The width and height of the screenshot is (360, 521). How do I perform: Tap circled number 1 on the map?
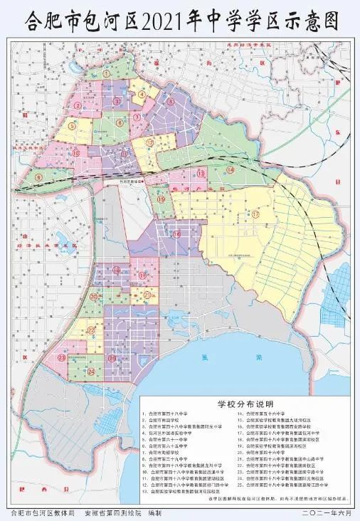pyautogui.click(x=107, y=73)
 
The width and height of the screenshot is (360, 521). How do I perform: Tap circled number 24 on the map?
pyautogui.click(x=91, y=372)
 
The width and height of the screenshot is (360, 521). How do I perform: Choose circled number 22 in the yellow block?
pyautogui.click(x=90, y=331)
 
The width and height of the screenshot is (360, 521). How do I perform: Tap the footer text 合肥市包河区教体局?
pyautogui.click(x=43, y=512)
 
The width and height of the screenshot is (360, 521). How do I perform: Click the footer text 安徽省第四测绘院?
pyautogui.click(x=114, y=512)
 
